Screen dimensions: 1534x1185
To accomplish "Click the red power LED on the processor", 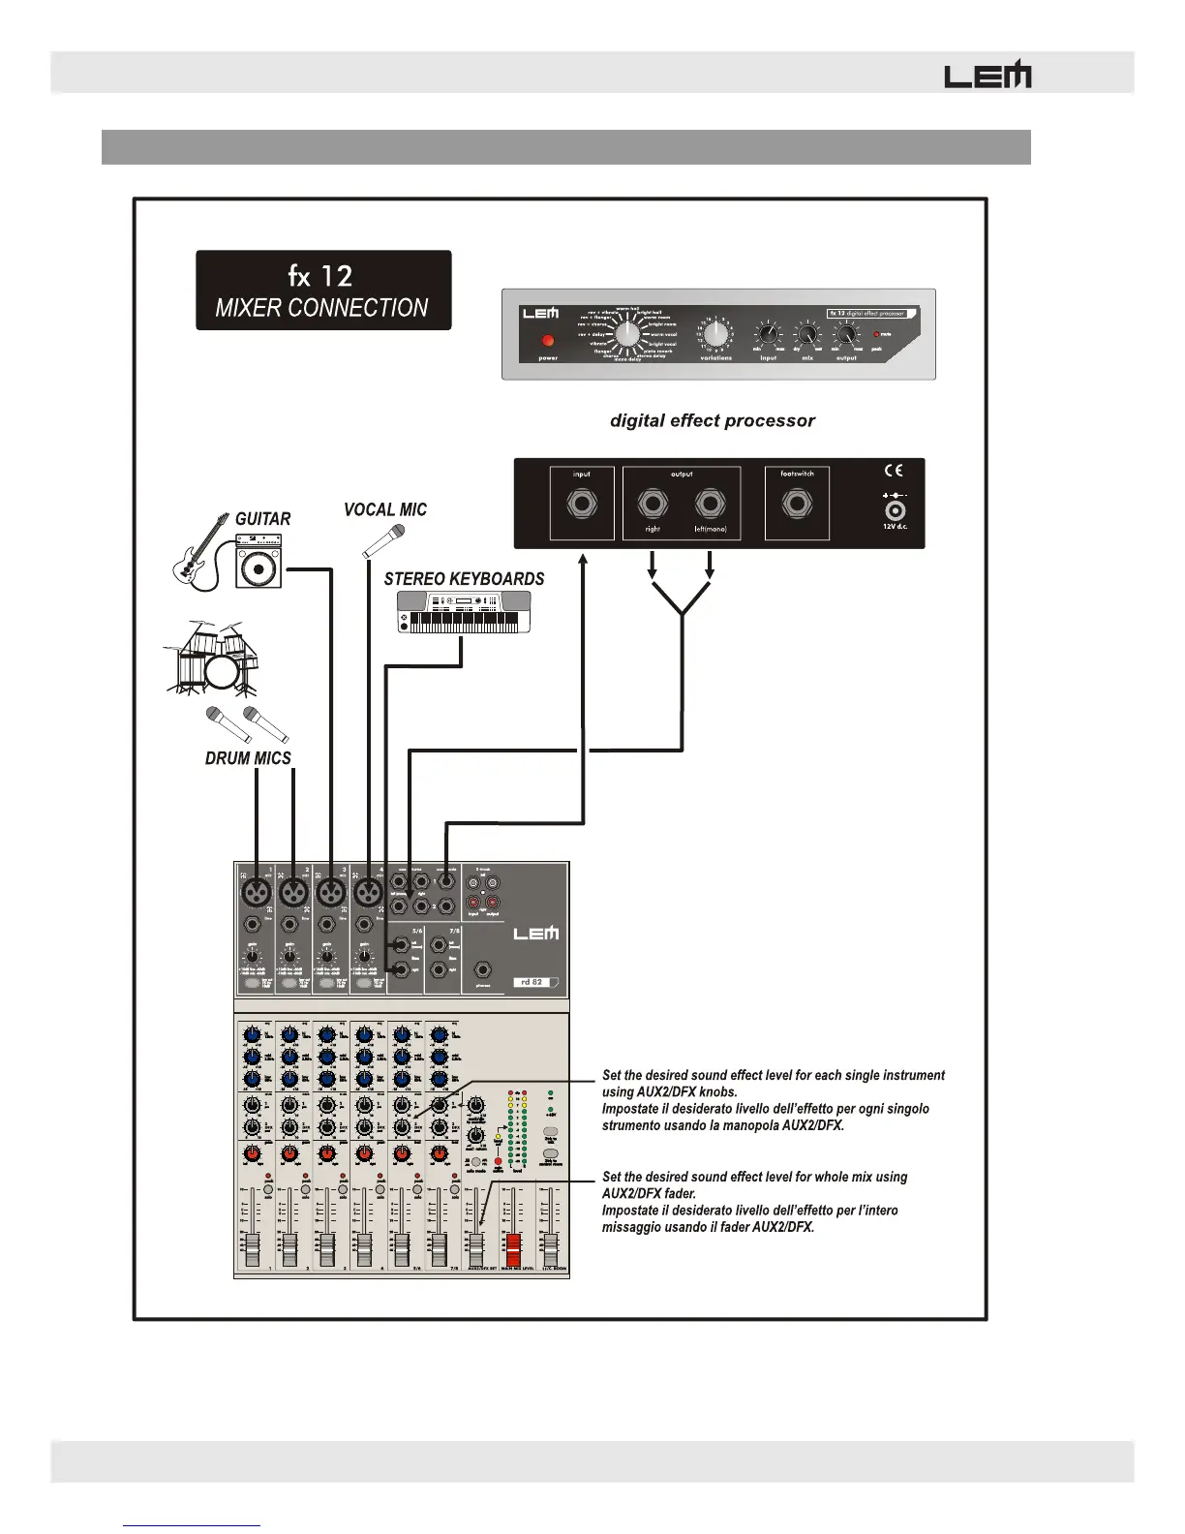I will click(x=548, y=341).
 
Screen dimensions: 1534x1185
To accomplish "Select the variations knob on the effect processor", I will click(x=715, y=334).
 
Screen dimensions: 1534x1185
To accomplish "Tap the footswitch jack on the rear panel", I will click(x=797, y=504).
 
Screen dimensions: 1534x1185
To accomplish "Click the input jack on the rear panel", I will click(x=582, y=504).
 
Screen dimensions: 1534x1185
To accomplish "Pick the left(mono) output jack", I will click(x=710, y=504).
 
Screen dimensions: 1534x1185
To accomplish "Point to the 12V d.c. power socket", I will click(x=896, y=510).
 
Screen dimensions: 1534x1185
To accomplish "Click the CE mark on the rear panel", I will click(x=894, y=471).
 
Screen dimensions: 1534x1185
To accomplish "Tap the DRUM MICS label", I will click(x=248, y=758).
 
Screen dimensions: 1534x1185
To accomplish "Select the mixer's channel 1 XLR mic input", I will click(x=257, y=890).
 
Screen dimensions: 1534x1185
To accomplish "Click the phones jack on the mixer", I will click(x=482, y=969).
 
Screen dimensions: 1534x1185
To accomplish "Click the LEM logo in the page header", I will click(x=987, y=76).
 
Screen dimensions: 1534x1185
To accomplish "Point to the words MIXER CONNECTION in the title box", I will click(x=321, y=308).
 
